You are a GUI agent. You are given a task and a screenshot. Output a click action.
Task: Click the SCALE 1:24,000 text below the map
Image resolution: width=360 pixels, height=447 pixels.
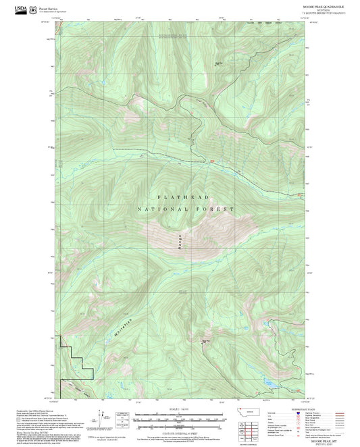[178, 410]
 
